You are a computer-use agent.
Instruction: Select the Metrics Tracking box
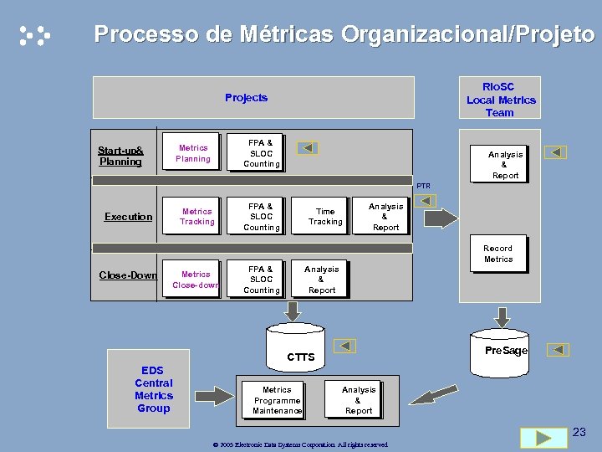197,217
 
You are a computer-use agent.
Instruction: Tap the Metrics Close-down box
196,280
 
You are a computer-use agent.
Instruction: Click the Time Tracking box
325,217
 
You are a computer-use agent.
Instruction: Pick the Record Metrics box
498,254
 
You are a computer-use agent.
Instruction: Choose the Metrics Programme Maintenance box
277,400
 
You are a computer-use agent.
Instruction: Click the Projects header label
247,98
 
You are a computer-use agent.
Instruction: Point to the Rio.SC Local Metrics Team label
500,99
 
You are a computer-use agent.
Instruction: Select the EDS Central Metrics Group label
153,389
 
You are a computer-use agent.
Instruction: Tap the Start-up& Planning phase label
120,156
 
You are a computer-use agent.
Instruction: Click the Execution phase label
128,217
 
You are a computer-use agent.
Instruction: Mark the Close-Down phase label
128,275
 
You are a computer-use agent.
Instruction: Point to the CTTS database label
300,357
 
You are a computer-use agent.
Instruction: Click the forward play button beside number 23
543,438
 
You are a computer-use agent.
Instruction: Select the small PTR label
424,186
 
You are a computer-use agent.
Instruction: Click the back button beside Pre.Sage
558,350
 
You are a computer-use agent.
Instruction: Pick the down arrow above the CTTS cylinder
293,311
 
